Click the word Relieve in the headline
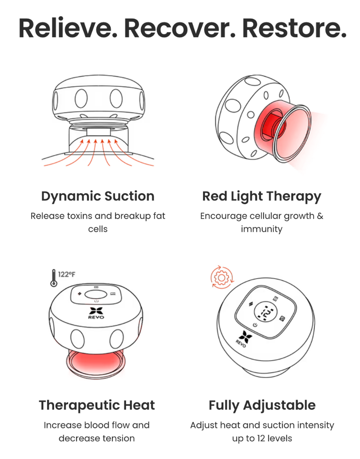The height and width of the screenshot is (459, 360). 67,28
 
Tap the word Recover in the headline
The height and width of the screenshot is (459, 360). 180,28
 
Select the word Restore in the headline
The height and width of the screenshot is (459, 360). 294,28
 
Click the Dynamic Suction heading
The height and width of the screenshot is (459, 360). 98,196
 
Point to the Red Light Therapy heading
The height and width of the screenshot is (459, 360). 262,196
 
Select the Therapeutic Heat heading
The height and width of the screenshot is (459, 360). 97,405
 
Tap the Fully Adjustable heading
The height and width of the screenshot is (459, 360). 262,405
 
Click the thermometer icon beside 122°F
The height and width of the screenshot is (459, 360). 54,278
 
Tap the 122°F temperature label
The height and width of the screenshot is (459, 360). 66,274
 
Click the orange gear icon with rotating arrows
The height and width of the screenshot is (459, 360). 222,277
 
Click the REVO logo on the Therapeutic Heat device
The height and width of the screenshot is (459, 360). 96,313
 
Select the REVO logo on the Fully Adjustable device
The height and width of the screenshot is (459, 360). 243,339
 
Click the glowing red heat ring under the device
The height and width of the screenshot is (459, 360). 96,363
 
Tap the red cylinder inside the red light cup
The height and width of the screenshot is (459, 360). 271,127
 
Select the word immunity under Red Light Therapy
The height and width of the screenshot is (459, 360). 261,229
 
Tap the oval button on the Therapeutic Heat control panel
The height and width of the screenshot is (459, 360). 96,295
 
